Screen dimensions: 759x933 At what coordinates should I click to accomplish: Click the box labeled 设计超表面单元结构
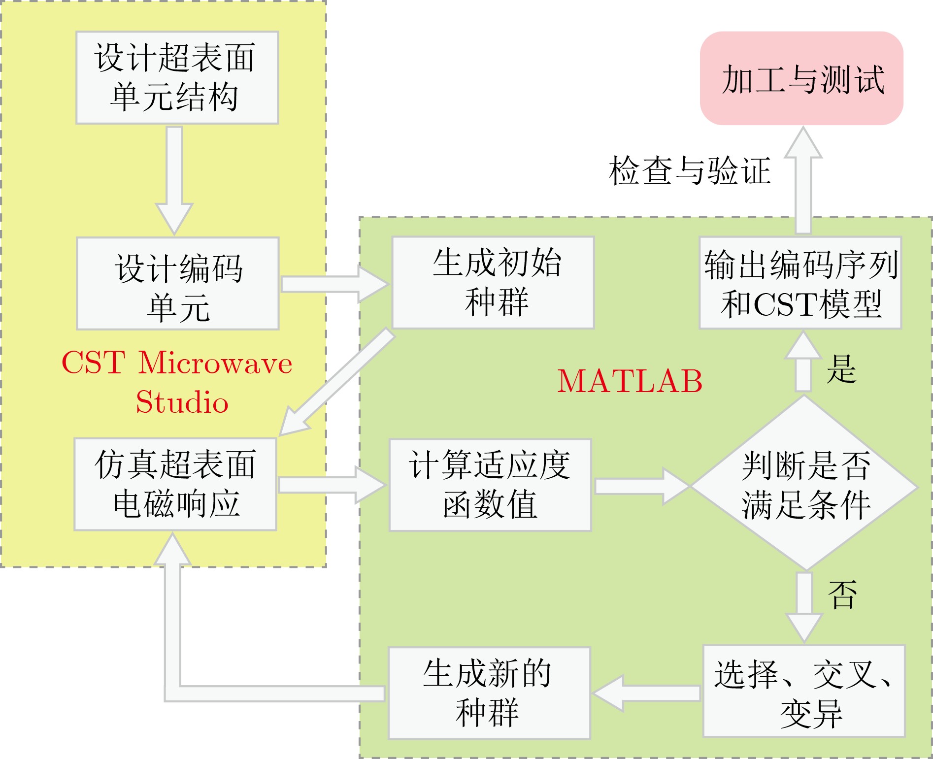point(177,77)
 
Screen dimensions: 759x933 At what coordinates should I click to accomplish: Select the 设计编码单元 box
point(178,283)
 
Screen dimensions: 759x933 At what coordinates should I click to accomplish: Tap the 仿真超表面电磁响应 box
point(175,484)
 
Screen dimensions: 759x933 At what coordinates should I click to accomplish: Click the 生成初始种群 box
point(493,282)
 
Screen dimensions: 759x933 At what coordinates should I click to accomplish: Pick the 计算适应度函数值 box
point(490,485)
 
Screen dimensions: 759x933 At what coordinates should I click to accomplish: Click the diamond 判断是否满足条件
point(804,485)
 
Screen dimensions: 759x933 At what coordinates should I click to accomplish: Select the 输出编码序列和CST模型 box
point(800,283)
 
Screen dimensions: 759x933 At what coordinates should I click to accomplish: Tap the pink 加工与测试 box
point(801,78)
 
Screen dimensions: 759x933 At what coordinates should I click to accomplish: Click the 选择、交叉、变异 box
point(804,691)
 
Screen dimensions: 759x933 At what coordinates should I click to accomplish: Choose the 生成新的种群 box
point(489,693)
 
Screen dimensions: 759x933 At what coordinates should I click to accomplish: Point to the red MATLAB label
point(630,381)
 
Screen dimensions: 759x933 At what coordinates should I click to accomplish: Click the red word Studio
point(182,402)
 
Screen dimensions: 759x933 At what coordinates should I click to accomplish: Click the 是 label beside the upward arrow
point(841,368)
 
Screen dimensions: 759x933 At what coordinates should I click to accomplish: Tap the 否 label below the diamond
point(842,594)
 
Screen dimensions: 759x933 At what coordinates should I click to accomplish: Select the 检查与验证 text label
point(690,171)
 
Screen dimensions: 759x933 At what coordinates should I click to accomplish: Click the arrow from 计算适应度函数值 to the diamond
point(640,486)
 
